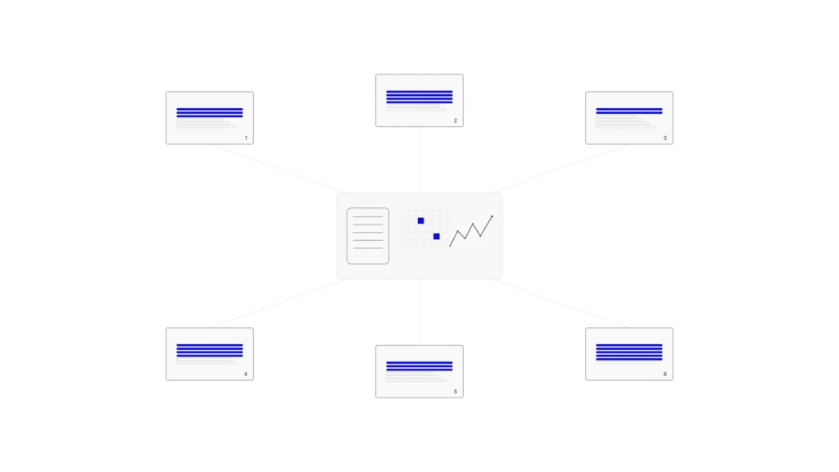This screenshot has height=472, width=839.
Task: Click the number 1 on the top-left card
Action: pos(246,138)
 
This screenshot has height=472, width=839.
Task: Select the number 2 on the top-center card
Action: pos(456,121)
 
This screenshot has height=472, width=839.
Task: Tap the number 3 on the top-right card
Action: pos(665,138)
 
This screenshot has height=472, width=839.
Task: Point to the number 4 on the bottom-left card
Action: pos(246,374)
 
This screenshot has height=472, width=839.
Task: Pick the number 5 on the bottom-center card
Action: pos(456,392)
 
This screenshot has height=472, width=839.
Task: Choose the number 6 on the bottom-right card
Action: pos(665,374)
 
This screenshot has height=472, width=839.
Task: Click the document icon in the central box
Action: pos(368,236)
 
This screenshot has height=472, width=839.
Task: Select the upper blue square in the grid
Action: pos(420,220)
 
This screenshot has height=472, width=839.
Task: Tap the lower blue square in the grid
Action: pos(437,237)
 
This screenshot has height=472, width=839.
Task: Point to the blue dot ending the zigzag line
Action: pos(492,216)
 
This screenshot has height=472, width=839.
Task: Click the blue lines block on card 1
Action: pos(210,112)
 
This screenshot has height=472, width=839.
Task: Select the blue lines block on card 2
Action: pos(419,97)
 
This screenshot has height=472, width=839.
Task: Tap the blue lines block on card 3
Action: pos(629,111)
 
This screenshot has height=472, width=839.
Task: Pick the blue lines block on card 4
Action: pos(210,350)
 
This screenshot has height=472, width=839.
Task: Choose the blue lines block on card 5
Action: pos(419,366)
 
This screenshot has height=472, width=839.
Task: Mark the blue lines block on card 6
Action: pos(629,352)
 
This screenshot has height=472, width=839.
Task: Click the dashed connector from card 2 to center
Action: pos(419,160)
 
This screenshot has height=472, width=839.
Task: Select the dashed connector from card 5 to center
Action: pos(419,312)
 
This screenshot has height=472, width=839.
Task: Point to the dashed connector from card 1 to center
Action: pos(277,168)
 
